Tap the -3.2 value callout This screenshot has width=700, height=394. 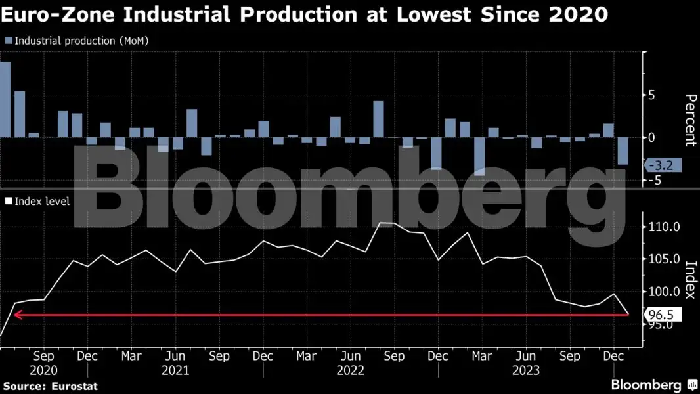pyautogui.click(x=664, y=165)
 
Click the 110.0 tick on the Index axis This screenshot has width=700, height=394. pyautogui.click(x=663, y=227)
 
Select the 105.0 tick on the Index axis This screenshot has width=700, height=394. pyautogui.click(x=663, y=259)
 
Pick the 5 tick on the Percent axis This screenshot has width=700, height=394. pyautogui.click(x=652, y=95)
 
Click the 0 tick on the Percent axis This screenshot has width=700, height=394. pyautogui.click(x=652, y=138)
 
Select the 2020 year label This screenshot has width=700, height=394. pyautogui.click(x=43, y=370)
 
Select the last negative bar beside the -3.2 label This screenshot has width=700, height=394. pyautogui.click(x=623, y=151)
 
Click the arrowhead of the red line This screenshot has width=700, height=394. pyautogui.click(x=17, y=315)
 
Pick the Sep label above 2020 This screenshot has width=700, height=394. pyautogui.click(x=43, y=356)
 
